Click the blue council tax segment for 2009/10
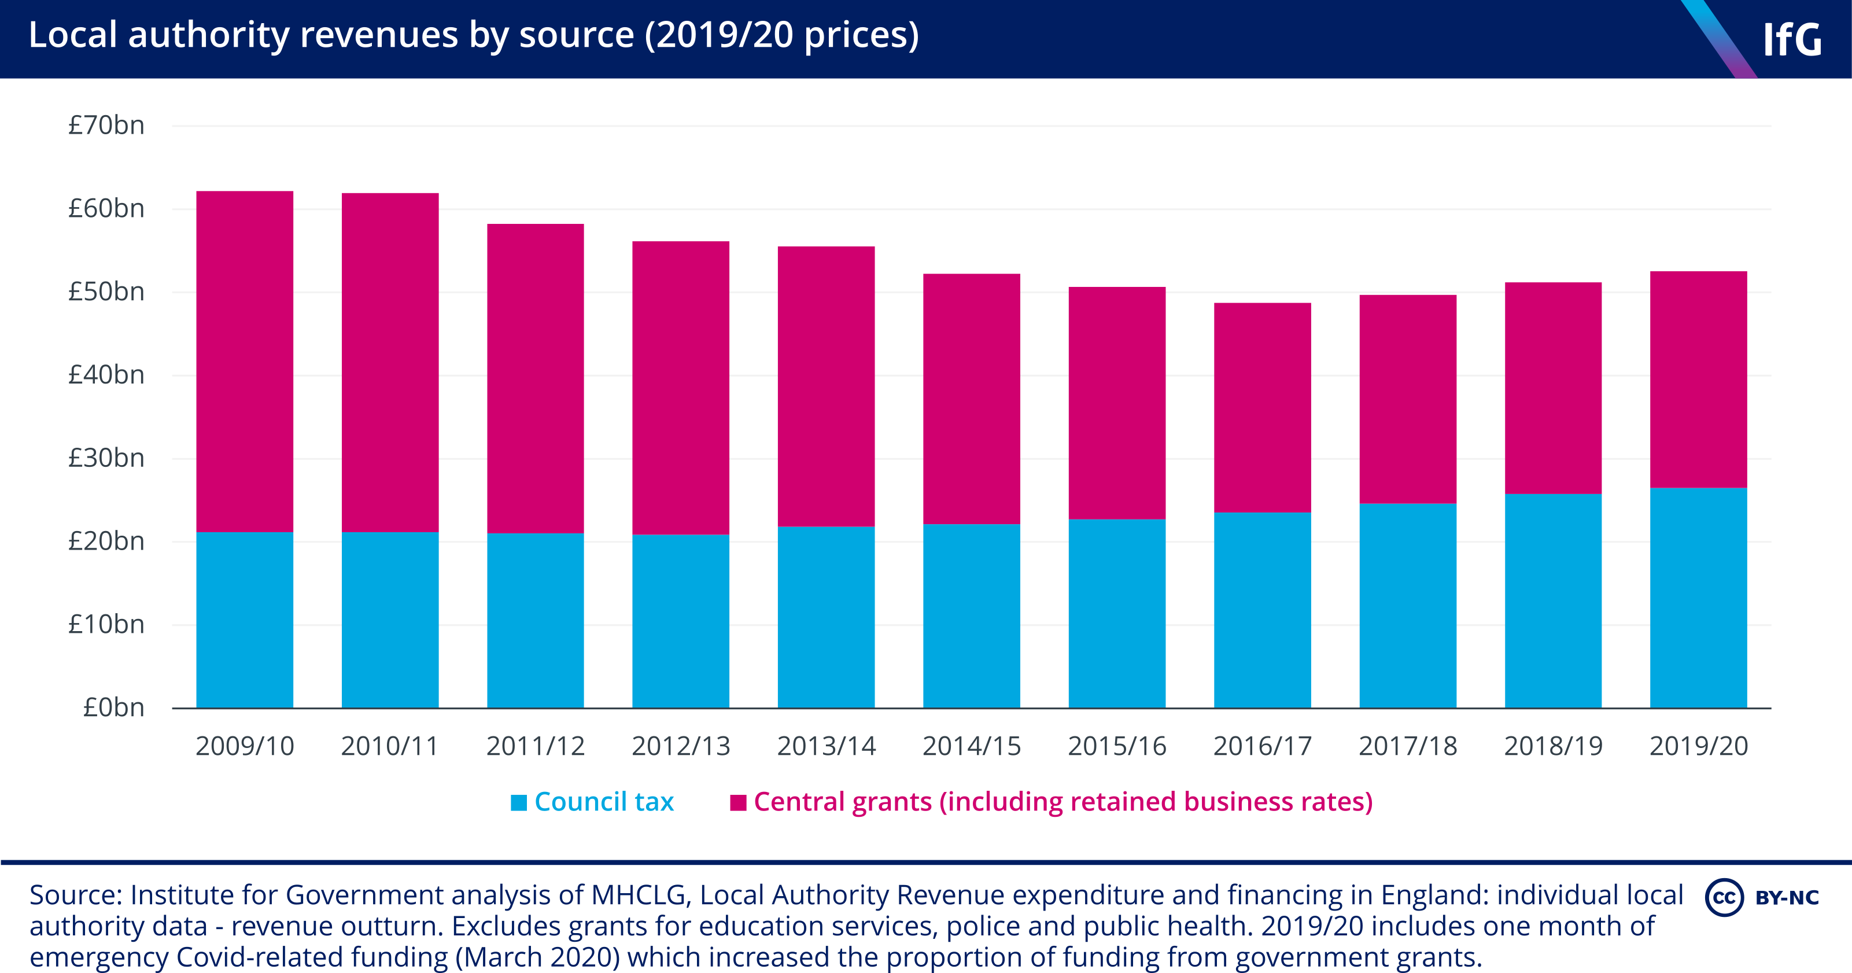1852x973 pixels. (x=245, y=620)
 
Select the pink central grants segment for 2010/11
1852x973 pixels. (x=390, y=363)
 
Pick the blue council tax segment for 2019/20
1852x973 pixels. (x=1698, y=598)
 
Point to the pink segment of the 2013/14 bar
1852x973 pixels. (x=826, y=387)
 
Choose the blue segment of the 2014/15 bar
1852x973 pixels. (x=971, y=616)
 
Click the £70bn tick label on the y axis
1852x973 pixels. (x=106, y=126)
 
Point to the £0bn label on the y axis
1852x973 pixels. (x=113, y=707)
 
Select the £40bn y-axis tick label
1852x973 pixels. (x=106, y=375)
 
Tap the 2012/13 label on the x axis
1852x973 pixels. (x=681, y=746)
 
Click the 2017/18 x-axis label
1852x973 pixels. (x=1408, y=746)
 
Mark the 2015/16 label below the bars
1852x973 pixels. (x=1116, y=746)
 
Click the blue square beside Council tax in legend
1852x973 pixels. (x=518, y=802)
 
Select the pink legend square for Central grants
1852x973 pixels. (x=737, y=802)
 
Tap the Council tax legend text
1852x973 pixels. (x=604, y=802)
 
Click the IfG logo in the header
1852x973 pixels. (x=1792, y=39)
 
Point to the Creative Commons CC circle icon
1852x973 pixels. (x=1724, y=897)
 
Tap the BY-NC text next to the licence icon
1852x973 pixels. (x=1787, y=897)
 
